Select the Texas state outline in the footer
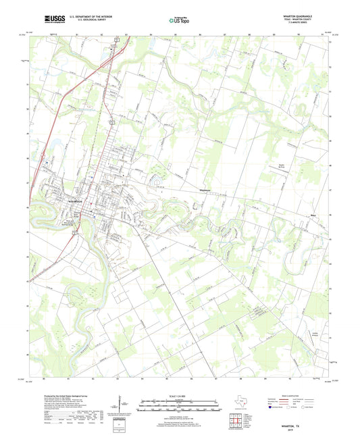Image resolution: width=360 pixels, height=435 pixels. click(x=240, y=403)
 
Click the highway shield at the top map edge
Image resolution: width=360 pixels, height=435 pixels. click(x=115, y=40)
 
